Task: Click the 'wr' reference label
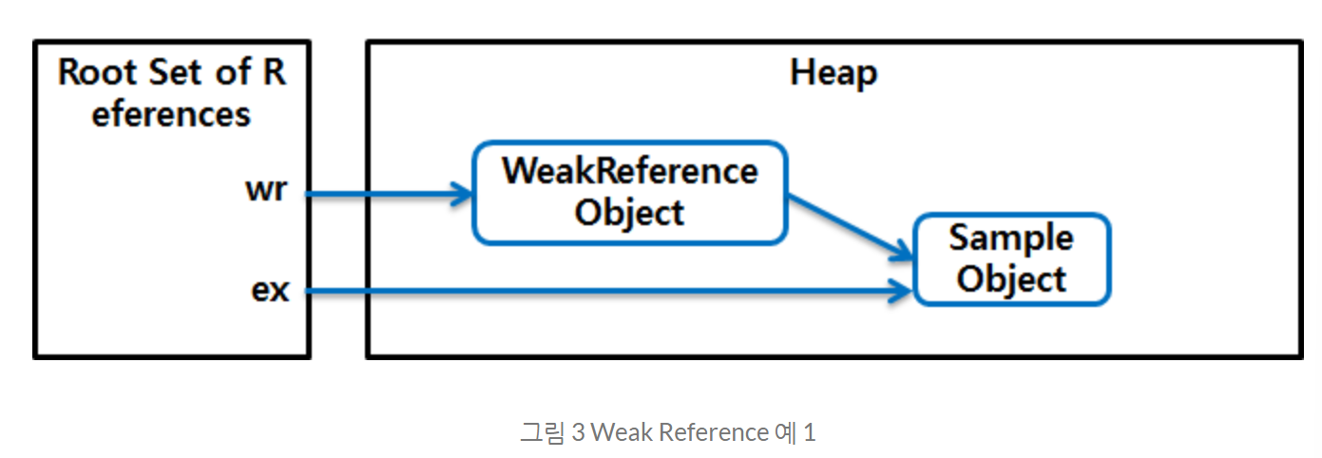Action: [x=267, y=190]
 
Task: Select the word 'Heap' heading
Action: [x=833, y=73]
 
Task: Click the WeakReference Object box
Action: [x=629, y=192]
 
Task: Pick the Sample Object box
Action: [x=1011, y=258]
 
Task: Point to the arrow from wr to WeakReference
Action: [x=390, y=195]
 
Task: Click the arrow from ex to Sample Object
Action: [x=608, y=292]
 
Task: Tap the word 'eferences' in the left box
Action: [x=171, y=114]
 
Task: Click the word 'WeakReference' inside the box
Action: [x=629, y=171]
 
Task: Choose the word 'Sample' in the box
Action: [x=1011, y=238]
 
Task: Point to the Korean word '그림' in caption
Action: [x=542, y=432]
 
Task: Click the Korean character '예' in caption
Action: [x=782, y=432]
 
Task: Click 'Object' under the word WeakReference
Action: [x=629, y=212]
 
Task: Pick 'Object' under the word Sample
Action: [x=1011, y=279]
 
